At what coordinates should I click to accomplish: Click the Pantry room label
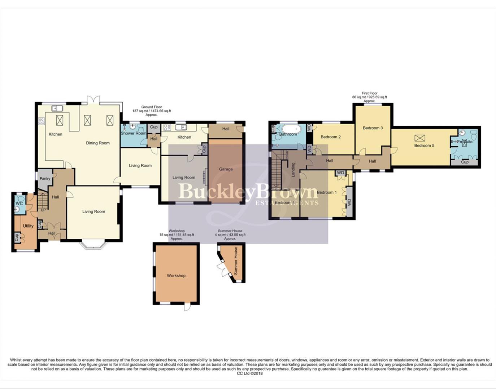tap(45, 179)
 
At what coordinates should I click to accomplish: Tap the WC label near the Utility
tap(19, 204)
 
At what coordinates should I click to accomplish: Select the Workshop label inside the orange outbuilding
tap(176, 276)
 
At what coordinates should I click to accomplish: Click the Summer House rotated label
tap(236, 261)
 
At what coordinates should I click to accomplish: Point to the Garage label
tap(226, 169)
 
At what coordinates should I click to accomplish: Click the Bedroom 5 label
tap(424, 146)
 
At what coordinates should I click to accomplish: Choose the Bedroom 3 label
tap(373, 128)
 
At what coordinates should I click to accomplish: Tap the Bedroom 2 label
tap(331, 137)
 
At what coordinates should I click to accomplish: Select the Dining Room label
tap(97, 143)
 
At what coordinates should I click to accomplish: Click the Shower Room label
tap(133, 133)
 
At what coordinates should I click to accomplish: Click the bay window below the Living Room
tap(93, 245)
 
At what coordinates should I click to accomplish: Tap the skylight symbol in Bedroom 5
tap(419, 138)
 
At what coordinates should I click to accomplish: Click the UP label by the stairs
tap(43, 210)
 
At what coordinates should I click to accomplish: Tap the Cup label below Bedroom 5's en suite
tap(465, 162)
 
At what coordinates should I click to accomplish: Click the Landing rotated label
tap(293, 170)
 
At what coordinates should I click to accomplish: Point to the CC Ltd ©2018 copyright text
tap(249, 374)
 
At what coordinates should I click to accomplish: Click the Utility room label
tap(28, 226)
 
